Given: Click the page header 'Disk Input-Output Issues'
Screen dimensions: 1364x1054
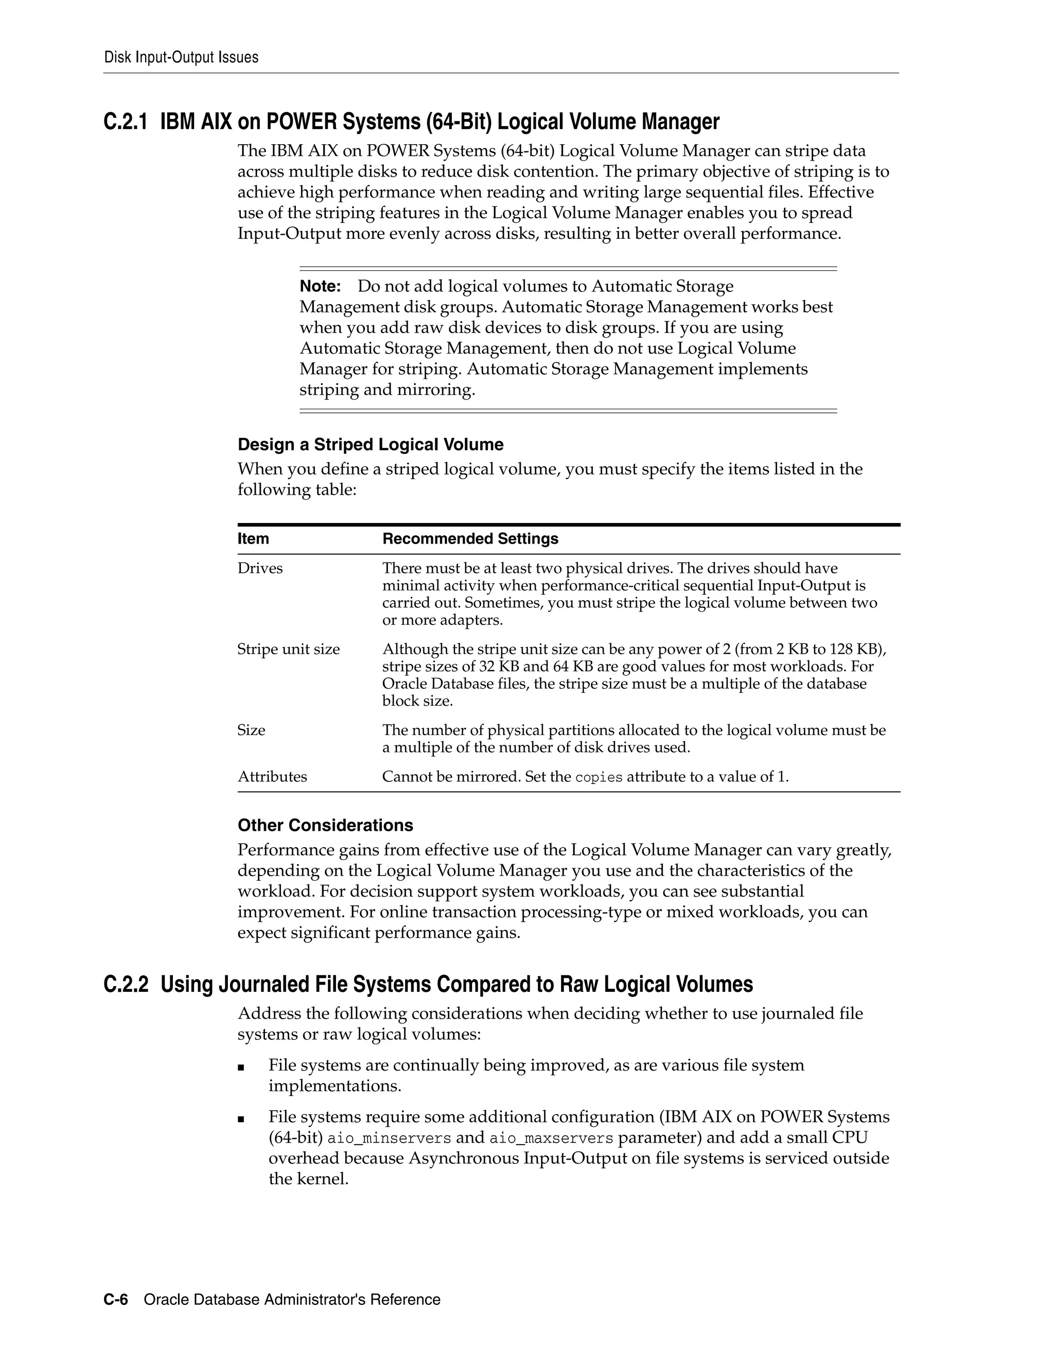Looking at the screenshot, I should click(x=181, y=58).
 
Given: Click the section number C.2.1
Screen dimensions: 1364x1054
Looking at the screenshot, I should click(x=126, y=122).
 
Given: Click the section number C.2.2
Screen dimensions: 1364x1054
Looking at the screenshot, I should click(x=126, y=984).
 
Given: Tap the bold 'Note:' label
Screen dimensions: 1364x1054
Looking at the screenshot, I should click(x=320, y=287).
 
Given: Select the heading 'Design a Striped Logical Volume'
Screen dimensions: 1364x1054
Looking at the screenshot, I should click(x=370, y=445).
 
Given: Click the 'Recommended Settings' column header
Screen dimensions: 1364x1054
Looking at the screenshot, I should click(x=470, y=539).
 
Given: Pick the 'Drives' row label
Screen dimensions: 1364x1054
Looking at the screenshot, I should click(x=260, y=568).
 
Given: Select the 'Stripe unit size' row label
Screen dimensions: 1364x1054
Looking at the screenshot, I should click(x=289, y=650).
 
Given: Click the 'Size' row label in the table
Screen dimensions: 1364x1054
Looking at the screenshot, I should click(x=251, y=730).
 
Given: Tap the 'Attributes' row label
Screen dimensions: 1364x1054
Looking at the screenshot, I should click(x=272, y=777).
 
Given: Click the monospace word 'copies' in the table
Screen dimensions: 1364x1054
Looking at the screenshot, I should click(x=599, y=778).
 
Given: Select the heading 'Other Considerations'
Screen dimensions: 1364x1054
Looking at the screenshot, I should click(x=325, y=826).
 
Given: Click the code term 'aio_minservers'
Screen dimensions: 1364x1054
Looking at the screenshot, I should click(x=389, y=1138).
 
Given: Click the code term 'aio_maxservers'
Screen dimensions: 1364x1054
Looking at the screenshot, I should click(x=551, y=1138).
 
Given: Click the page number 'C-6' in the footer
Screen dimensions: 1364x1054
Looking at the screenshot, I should click(x=115, y=1300).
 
